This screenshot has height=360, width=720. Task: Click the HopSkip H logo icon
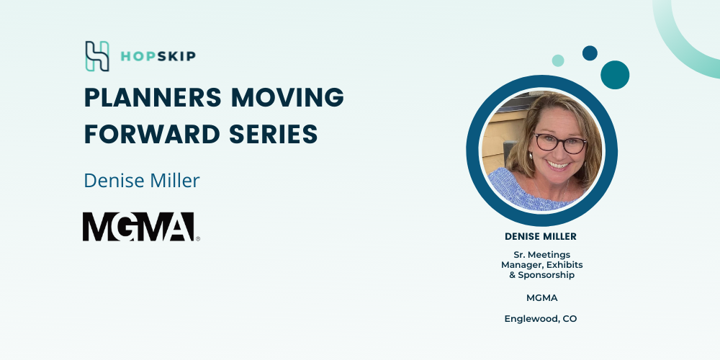(97, 56)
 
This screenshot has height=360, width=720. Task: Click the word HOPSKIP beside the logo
(158, 56)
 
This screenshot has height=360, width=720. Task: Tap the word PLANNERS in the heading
(153, 97)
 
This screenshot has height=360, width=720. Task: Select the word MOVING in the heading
(287, 97)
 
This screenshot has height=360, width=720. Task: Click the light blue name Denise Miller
(141, 181)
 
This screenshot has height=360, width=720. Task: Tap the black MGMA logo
(138, 227)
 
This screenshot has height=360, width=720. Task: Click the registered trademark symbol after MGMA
(198, 239)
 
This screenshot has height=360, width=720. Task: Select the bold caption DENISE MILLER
(541, 236)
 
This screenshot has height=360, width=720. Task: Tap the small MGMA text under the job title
(542, 298)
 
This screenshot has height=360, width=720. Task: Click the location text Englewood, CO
(541, 319)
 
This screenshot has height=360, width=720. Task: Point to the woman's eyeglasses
(560, 144)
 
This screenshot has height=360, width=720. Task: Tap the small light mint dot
(558, 60)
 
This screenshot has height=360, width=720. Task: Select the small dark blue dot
(590, 53)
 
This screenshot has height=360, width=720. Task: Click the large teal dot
(615, 75)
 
